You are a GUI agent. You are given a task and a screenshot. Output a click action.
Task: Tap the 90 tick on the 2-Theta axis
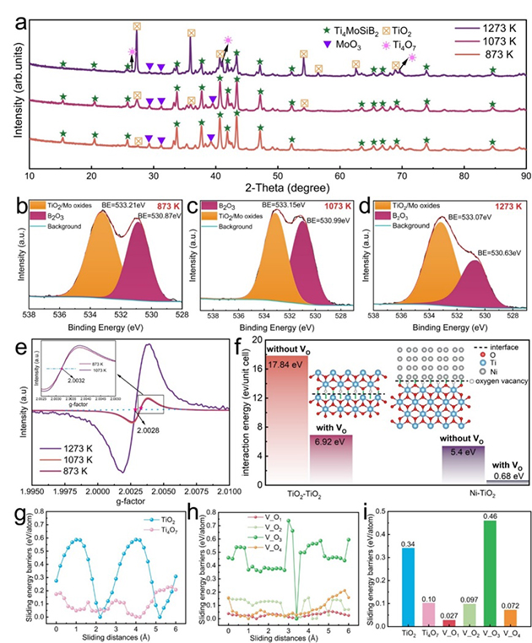pos(524,175)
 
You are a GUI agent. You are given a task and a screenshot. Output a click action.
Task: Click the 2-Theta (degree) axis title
pos(277,189)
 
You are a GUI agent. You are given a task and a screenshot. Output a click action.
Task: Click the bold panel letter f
pos(242,345)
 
